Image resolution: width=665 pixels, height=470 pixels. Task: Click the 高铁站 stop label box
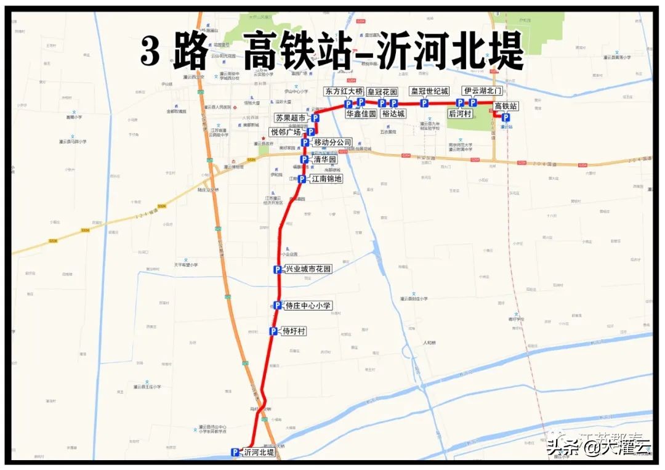click(x=507, y=107)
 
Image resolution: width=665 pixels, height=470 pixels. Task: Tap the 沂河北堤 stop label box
click(x=259, y=452)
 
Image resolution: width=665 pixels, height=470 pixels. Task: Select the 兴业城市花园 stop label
click(x=308, y=269)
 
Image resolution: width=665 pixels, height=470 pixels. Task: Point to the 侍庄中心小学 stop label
click(x=308, y=306)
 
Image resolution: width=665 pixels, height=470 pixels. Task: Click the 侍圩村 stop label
click(x=294, y=331)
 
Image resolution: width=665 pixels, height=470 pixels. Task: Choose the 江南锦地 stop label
click(x=326, y=179)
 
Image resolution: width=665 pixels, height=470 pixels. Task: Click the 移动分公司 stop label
click(x=332, y=142)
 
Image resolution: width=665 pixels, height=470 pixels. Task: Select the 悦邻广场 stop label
click(x=286, y=132)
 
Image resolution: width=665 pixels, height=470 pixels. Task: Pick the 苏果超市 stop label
click(x=291, y=118)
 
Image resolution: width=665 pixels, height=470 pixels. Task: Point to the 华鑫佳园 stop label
click(x=361, y=114)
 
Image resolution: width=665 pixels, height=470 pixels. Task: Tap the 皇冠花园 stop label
click(x=382, y=92)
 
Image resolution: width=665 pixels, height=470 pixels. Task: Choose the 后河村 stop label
click(x=460, y=114)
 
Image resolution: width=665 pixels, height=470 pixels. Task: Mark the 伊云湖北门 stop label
click(x=483, y=91)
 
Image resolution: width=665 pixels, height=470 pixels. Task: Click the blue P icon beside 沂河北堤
click(x=235, y=452)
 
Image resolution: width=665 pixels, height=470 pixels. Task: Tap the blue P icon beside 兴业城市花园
click(x=278, y=269)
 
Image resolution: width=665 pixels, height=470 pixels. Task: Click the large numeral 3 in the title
click(x=150, y=52)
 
